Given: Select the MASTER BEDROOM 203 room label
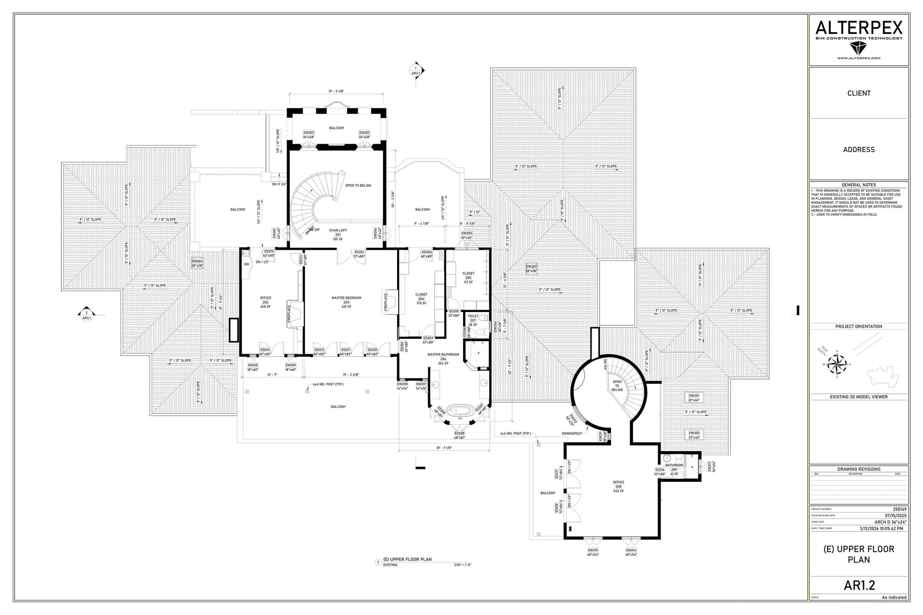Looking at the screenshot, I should click(346, 302).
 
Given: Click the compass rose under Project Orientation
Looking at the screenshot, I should click(837, 364).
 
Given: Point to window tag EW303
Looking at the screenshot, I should click(531, 269).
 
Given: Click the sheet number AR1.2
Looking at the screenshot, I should click(859, 585).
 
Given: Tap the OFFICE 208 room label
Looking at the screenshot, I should click(618, 486).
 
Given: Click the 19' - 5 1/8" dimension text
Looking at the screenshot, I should click(336, 91).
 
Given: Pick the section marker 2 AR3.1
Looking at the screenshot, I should click(87, 315).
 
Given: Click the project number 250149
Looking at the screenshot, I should click(899, 509).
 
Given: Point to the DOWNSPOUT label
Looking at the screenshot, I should click(572, 433).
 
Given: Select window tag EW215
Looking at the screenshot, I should click(593, 552).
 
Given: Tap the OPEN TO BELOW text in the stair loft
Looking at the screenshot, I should click(358, 186).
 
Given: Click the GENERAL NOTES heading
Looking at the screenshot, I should click(859, 185).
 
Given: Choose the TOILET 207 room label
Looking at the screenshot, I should click(473, 320).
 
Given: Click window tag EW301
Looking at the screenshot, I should click(694, 398).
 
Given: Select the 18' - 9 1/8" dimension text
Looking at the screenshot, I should click(444, 448).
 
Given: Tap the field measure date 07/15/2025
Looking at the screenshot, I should click(896, 515).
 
